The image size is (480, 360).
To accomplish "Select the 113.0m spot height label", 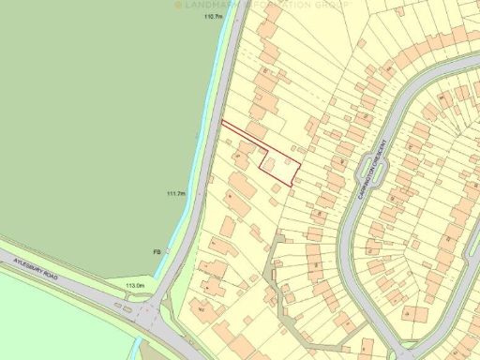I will click(x=136, y=285).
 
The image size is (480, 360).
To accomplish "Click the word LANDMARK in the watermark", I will click(x=210, y=5).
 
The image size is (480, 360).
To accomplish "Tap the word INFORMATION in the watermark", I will click(x=276, y=5).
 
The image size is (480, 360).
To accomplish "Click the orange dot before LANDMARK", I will click(x=178, y=5).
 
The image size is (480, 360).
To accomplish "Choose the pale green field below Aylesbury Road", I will click(x=56, y=323).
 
